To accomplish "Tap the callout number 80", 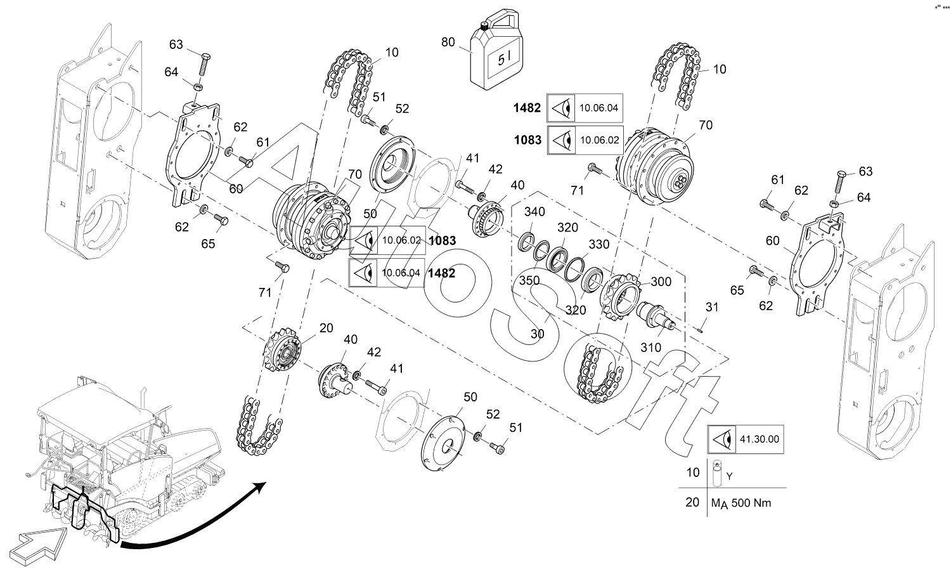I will [x=448, y=42].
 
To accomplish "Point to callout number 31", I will [x=712, y=307].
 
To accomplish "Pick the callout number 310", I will [x=651, y=348].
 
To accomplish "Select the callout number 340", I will [x=534, y=211].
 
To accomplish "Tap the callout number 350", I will [x=529, y=280].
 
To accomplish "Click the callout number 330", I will [x=598, y=244].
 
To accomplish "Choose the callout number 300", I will [x=661, y=281].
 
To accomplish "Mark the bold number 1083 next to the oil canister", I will [x=527, y=140].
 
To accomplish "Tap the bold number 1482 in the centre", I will [x=441, y=273].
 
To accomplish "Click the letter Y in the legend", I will [x=730, y=475].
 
